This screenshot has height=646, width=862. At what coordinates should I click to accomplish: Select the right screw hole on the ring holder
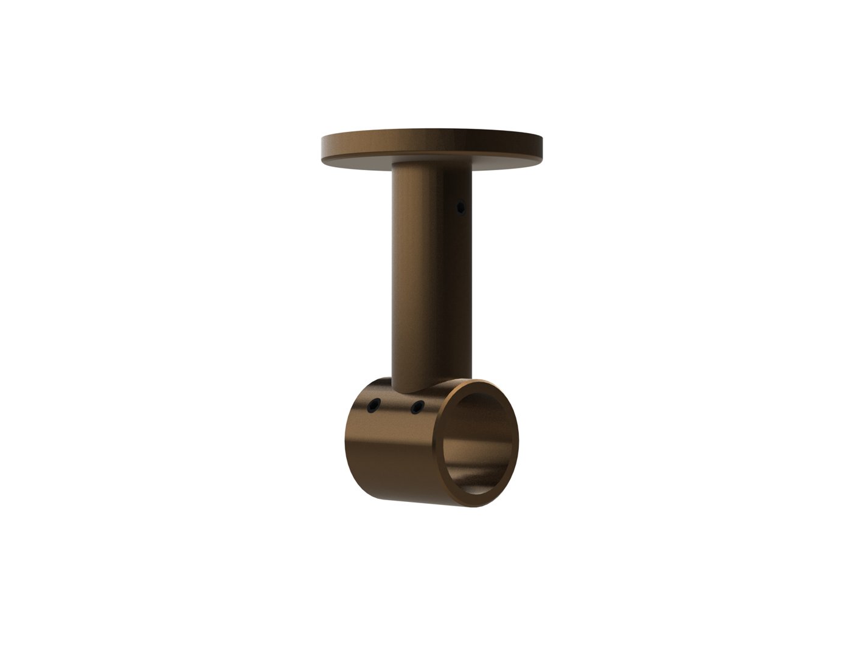(417, 406)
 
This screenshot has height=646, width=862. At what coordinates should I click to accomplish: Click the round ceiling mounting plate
(431, 142)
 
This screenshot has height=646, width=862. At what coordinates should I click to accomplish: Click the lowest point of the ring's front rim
(481, 507)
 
